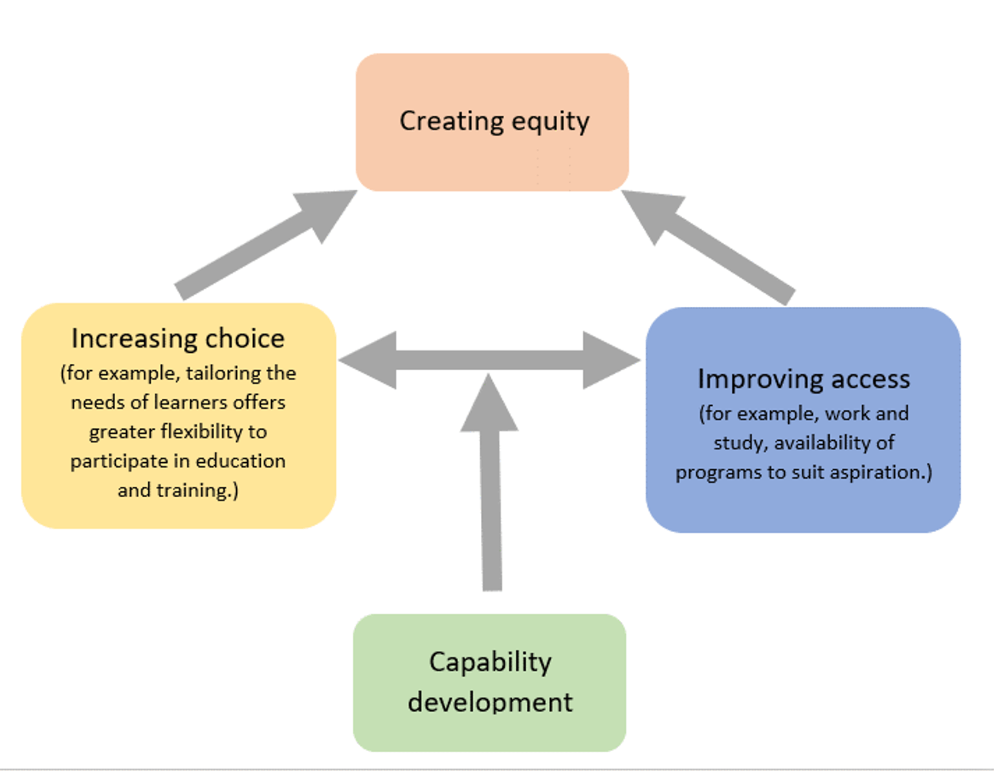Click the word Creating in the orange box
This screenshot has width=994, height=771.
[x=452, y=122]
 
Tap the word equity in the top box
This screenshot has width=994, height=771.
[x=551, y=122]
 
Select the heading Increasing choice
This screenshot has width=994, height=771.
[x=178, y=339]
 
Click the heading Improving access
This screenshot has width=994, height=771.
[x=804, y=380]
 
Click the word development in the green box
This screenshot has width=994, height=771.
[x=490, y=702]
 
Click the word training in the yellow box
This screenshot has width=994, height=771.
[x=194, y=491]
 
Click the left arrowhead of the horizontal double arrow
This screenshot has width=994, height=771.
[x=368, y=360]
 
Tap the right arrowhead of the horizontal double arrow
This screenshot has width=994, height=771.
[x=612, y=360]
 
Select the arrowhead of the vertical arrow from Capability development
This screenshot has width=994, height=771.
[x=489, y=403]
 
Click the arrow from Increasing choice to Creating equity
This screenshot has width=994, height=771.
[x=266, y=245]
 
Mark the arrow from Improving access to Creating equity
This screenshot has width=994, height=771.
[x=708, y=247]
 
